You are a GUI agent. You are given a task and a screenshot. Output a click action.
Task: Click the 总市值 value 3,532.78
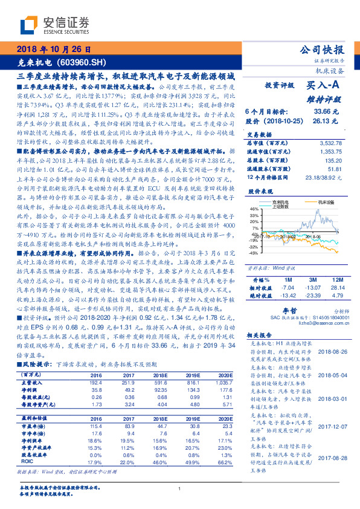[329, 142]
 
